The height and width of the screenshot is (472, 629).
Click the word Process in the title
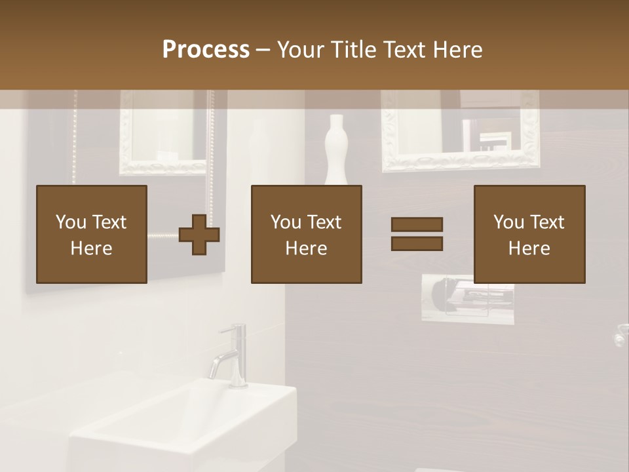[x=206, y=49]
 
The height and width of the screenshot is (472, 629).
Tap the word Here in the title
[x=456, y=49]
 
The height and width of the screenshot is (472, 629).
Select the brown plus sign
[x=199, y=234]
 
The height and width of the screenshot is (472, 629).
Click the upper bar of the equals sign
[x=417, y=224]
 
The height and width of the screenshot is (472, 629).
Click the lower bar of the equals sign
[x=417, y=243]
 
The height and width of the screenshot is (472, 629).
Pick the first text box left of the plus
[x=91, y=234]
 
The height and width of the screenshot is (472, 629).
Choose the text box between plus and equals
[x=306, y=234]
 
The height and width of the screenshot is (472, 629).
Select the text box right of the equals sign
[x=529, y=234]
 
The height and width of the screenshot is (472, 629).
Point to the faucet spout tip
[x=213, y=374]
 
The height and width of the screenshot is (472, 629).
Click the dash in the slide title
[x=263, y=49]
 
